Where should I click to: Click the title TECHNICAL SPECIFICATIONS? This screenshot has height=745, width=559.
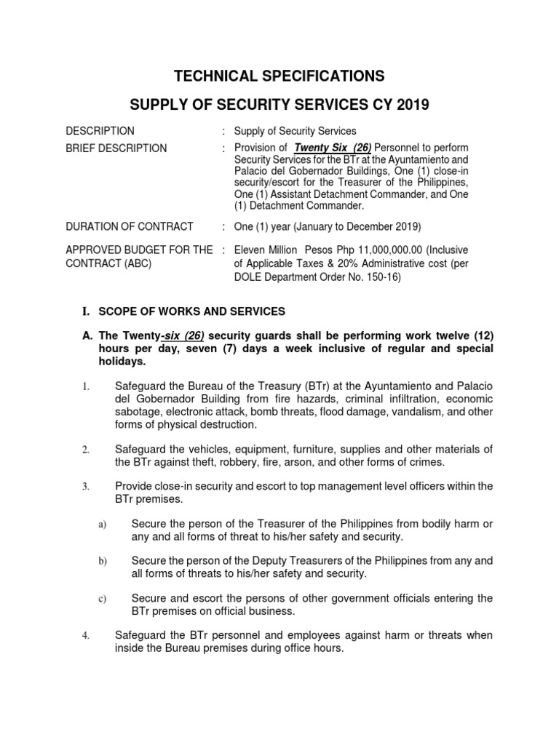279,76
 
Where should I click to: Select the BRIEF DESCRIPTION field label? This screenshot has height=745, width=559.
116,148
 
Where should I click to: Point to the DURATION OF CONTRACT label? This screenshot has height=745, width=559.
130,226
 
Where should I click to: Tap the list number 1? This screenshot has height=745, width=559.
85,387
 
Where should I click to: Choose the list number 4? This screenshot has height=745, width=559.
85,636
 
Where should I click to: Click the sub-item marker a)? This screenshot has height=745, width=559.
102,525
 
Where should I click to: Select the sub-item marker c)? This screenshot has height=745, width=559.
102,599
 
